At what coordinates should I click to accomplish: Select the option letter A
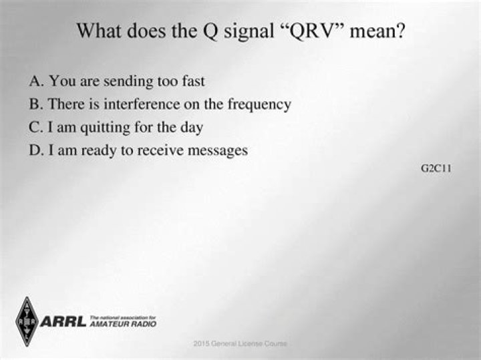[35, 81]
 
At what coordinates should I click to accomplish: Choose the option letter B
[35, 104]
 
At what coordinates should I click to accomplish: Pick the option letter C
[35, 127]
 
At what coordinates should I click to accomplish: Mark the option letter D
[35, 150]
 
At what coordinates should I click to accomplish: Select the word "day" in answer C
[192, 128]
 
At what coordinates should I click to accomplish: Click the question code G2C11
[436, 168]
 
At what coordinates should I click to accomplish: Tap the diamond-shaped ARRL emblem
[27, 321]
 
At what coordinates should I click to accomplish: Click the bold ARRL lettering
[63, 322]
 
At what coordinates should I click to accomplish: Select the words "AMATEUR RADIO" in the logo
[123, 324]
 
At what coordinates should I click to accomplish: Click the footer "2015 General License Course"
[240, 343]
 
